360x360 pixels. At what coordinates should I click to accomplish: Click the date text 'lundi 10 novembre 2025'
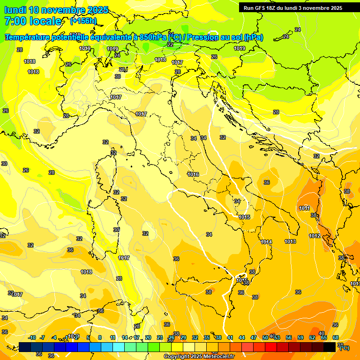[x=56, y=10]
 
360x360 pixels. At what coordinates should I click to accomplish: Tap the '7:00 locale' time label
[x=33, y=21]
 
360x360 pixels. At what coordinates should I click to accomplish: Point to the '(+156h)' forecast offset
[x=83, y=21]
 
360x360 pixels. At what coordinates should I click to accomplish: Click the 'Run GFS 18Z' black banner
[x=293, y=8]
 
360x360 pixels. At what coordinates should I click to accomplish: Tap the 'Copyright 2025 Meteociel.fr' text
[x=199, y=357]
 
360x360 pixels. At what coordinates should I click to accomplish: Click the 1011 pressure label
[x=305, y=208]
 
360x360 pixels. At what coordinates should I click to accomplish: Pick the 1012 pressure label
[x=315, y=236]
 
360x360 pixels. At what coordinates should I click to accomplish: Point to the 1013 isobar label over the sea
[x=290, y=241]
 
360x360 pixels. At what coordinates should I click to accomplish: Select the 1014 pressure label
[x=266, y=242]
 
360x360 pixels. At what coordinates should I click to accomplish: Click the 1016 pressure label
[x=193, y=174]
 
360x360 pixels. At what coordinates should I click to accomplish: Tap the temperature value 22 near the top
[x=170, y=45]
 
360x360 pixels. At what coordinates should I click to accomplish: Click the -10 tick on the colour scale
[x=32, y=337]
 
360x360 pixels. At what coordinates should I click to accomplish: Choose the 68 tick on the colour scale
[x=336, y=337]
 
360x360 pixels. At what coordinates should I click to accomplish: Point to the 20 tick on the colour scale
[x=148, y=337]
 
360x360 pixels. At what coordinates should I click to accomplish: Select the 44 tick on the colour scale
[x=242, y=337]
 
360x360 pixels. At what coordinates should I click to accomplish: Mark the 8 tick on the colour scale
[x=100, y=337]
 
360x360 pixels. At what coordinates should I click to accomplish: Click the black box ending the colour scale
[x=330, y=347]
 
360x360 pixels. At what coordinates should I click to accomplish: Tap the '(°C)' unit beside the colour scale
[x=344, y=347]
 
